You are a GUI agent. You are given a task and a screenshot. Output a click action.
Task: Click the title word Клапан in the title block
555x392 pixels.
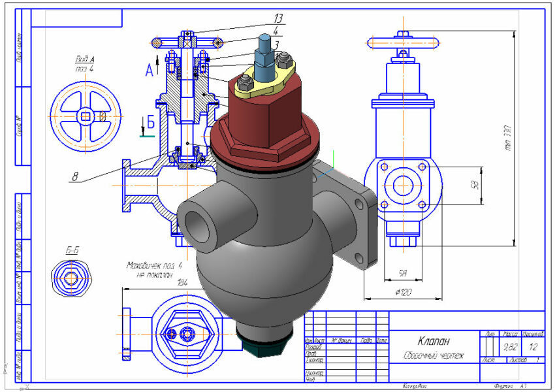(434, 340)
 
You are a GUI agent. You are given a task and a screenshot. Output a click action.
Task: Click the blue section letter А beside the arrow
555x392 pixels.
(148, 71)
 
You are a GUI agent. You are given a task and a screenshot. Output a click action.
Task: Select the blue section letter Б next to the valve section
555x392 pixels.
(150, 122)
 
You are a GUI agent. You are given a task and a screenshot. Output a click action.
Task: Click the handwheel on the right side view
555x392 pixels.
(398, 44)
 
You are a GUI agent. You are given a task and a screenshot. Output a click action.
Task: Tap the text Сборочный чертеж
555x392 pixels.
(431, 355)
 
